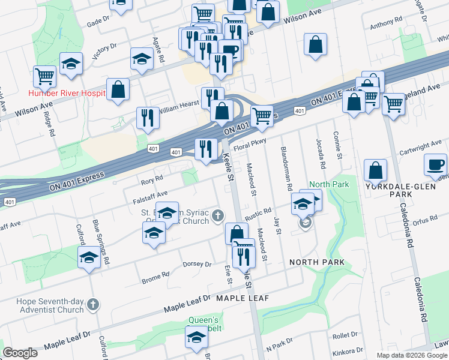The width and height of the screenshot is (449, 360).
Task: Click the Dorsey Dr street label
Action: tap(197, 264)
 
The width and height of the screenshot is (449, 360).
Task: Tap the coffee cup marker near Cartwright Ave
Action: tap(436, 164)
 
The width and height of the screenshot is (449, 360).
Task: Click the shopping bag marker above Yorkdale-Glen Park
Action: tap(375, 170)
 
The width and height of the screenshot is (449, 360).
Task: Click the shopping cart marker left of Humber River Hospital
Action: tap(44, 76)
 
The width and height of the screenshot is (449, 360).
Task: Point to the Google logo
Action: tap(20, 353)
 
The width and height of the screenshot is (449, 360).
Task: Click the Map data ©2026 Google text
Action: tap(412, 355)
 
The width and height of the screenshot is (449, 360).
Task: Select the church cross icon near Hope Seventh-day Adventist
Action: tap(92, 304)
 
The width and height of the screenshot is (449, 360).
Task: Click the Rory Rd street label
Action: tap(152, 179)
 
